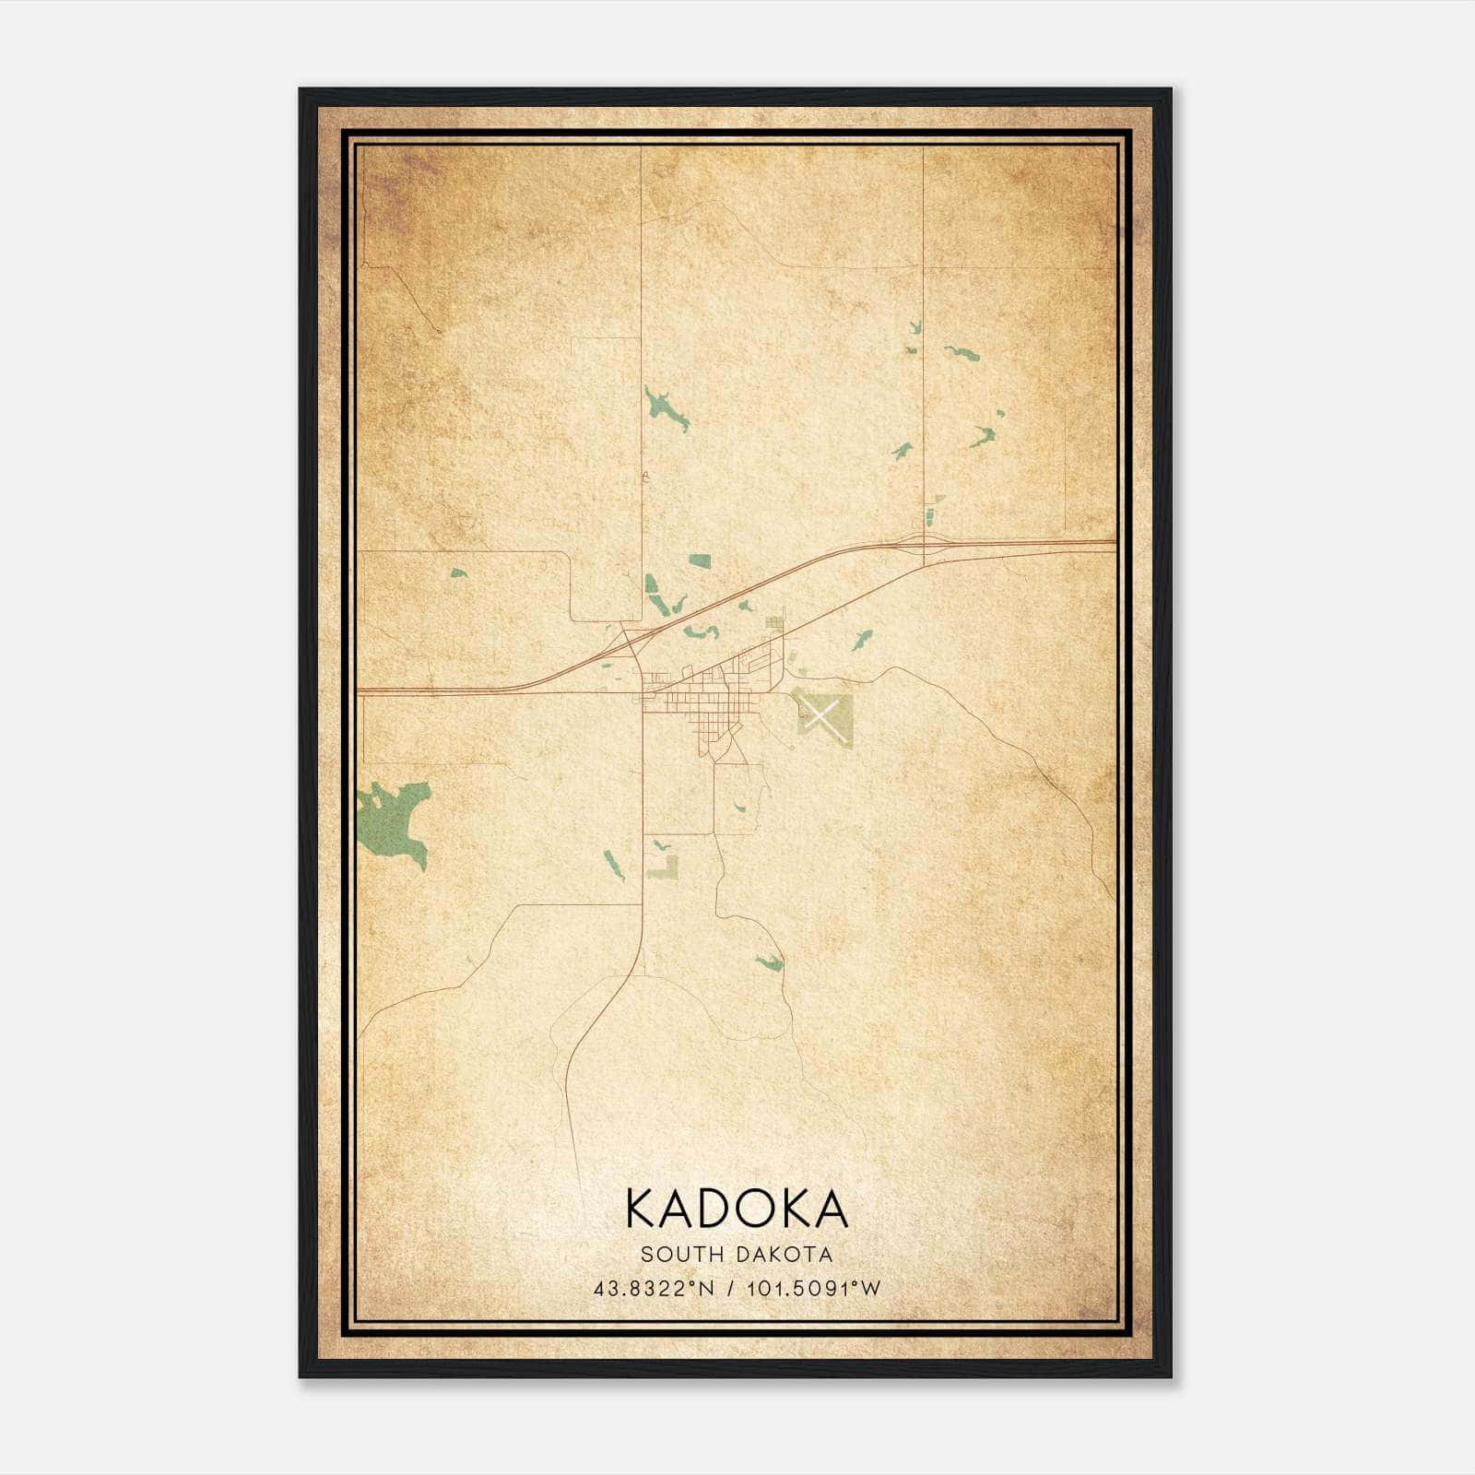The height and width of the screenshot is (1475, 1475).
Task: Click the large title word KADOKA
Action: point(737,1209)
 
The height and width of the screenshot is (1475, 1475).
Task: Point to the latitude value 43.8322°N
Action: point(655,1288)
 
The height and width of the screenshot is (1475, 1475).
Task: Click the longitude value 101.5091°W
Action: point(816,1288)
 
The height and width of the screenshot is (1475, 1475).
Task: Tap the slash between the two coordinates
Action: point(731,1288)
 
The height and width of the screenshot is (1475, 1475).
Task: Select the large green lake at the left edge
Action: point(392,818)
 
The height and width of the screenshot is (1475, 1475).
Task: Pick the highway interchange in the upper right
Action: point(924,543)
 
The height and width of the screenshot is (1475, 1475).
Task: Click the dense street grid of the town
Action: point(701,710)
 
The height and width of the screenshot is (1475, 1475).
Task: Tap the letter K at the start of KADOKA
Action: point(643,1209)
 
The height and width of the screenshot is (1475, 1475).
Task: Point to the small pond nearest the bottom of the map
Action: point(770,963)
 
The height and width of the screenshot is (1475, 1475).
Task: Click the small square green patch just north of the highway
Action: point(701,561)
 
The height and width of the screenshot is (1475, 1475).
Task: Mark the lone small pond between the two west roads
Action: point(458,572)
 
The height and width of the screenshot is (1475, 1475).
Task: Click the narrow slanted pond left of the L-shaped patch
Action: point(613,863)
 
